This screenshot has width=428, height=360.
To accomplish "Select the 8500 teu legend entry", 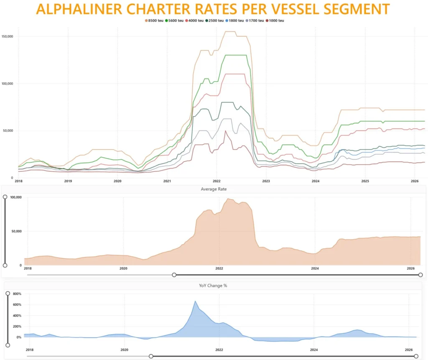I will pyautogui.click(x=154, y=20).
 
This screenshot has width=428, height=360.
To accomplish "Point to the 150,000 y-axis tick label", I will pyautogui.click(x=8, y=36).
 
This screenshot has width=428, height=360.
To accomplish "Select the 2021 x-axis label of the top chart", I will pyautogui.click(x=167, y=181).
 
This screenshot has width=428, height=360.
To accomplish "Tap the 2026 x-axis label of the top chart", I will pyautogui.click(x=414, y=181).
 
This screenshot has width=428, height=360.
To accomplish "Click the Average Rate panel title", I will pyautogui.click(x=214, y=189).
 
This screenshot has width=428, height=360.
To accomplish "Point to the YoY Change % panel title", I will pyautogui.click(x=213, y=286).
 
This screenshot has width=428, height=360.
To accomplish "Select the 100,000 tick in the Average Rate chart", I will pyautogui.click(x=16, y=197).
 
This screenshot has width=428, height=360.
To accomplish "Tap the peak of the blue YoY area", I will pyautogui.click(x=195, y=301).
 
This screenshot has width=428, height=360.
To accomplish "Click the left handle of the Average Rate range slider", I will pyautogui.click(x=174, y=275).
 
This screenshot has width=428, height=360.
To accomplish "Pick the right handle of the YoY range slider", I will pyautogui.click(x=416, y=356).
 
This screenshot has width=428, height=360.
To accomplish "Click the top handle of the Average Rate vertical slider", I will pyautogui.click(x=5, y=197).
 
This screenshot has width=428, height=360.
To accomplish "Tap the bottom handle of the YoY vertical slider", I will pyautogui.click(x=8, y=345).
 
